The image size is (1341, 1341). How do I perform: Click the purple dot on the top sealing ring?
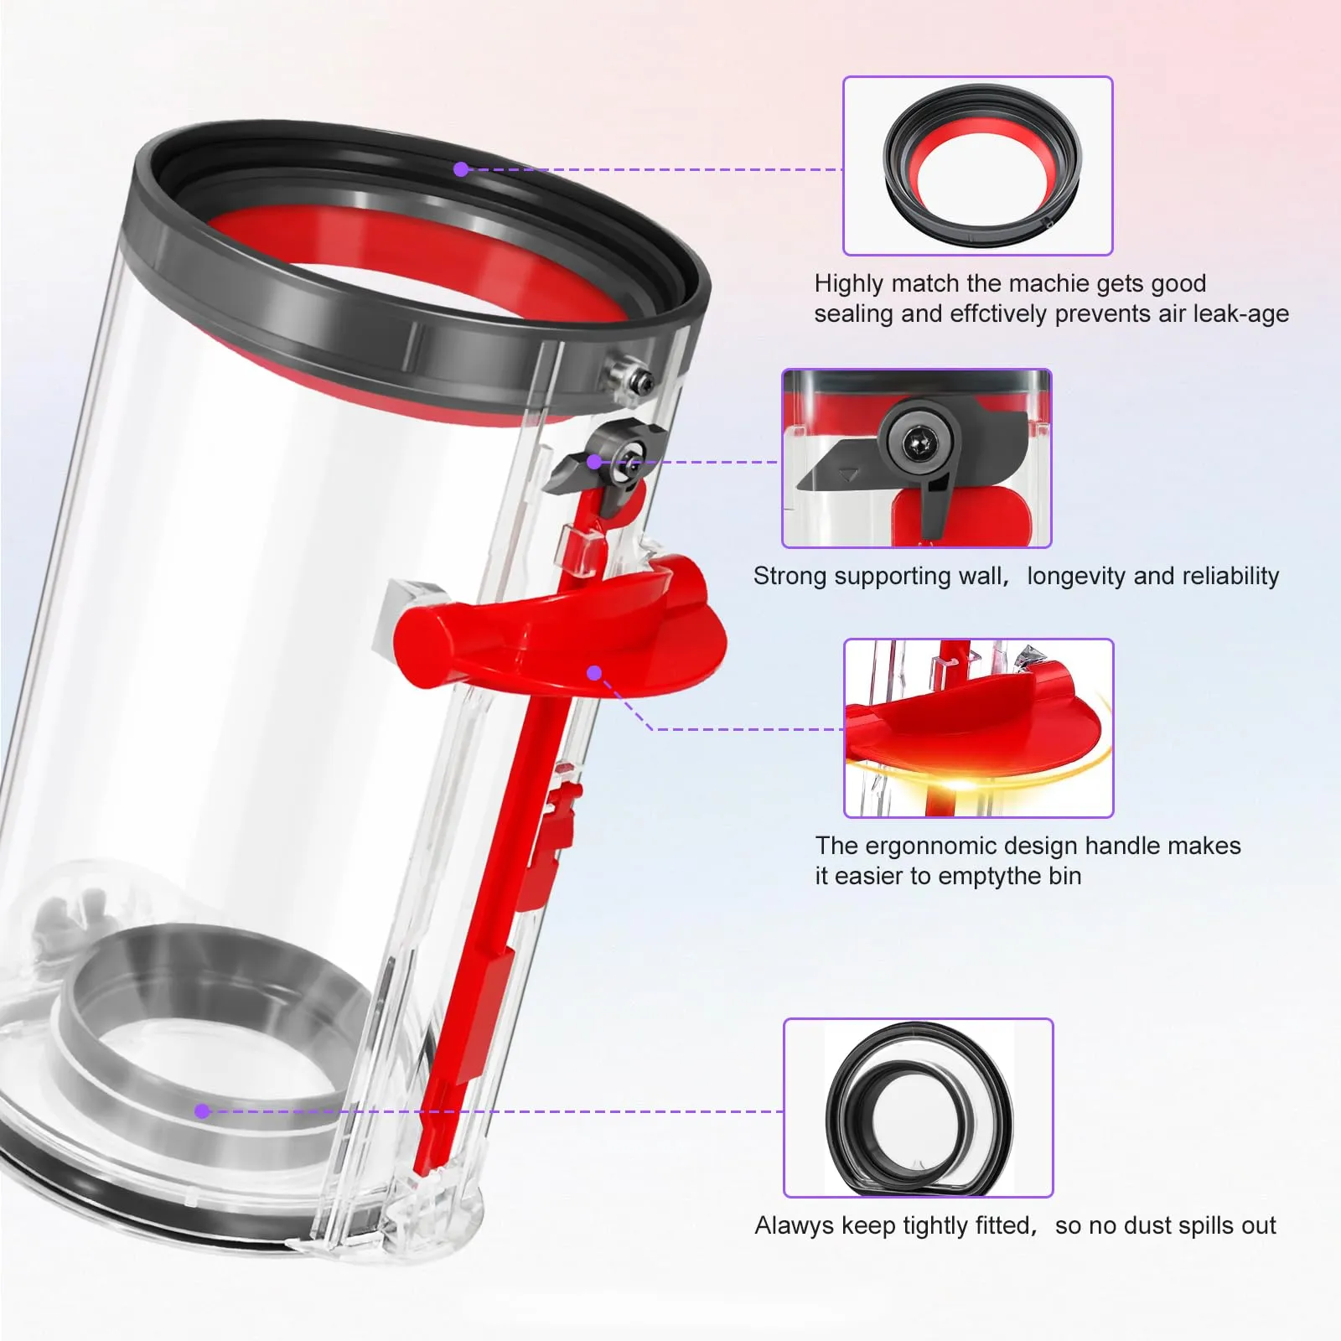460,169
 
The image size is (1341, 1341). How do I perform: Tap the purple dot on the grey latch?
593,462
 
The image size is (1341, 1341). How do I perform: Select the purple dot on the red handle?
594,673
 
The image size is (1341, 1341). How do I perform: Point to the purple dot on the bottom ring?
201,1111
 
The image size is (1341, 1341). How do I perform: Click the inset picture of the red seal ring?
977,166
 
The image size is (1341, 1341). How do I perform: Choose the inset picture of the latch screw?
916,458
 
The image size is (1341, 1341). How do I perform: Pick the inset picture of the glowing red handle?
978,727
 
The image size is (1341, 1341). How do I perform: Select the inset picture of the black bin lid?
918,1107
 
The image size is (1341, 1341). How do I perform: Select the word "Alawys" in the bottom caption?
794,1225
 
